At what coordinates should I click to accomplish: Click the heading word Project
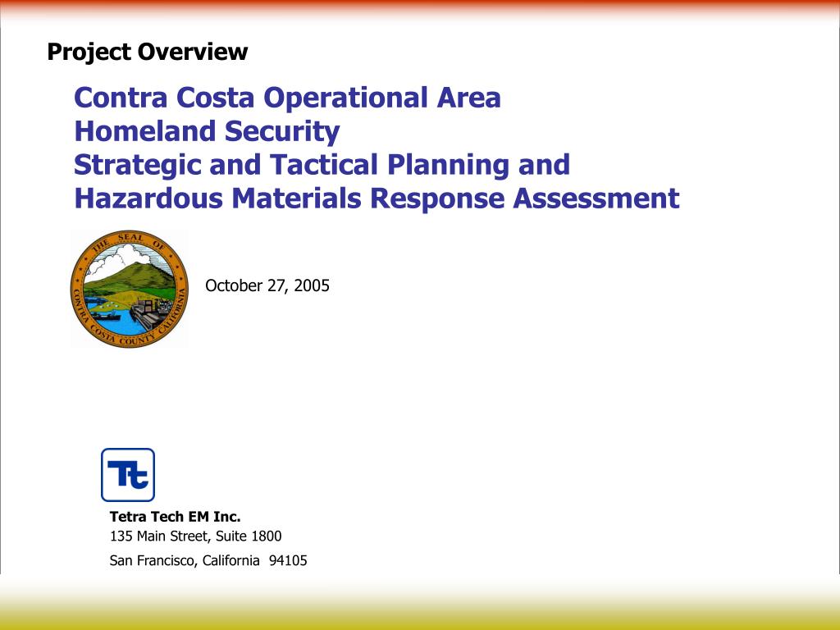(x=89, y=52)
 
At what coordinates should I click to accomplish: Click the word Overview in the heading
(x=193, y=52)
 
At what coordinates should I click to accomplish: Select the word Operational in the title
(x=345, y=99)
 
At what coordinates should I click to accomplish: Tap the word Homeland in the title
(x=145, y=130)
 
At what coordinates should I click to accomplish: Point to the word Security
(x=282, y=132)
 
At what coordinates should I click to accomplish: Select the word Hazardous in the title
(x=148, y=198)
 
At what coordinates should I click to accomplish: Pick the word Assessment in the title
(x=596, y=198)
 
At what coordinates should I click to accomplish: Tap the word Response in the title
(x=437, y=199)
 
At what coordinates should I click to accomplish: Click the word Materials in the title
(x=296, y=198)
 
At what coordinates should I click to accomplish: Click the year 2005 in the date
(x=312, y=285)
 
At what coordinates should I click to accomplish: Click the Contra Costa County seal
(x=129, y=290)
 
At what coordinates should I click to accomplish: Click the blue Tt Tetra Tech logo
(x=128, y=475)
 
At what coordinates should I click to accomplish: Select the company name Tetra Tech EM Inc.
(x=176, y=517)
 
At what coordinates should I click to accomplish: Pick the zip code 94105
(x=288, y=560)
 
